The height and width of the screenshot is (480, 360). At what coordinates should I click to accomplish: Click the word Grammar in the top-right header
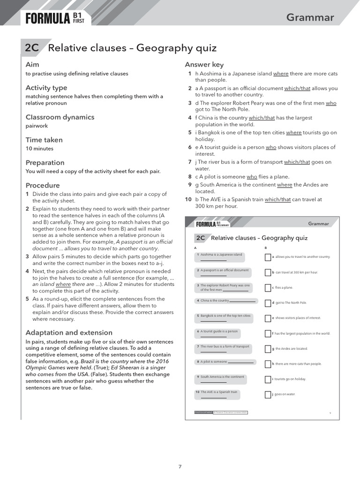pyautogui.click(x=310, y=17)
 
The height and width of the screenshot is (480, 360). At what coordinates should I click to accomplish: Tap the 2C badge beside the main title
pyautogui.click(x=32, y=48)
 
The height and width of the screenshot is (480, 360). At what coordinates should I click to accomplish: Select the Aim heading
pyautogui.click(x=32, y=64)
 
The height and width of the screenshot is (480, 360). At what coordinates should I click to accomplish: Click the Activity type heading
pyautogui.click(x=46, y=88)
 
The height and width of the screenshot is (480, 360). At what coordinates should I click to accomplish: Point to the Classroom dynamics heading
pyautogui.click(x=60, y=117)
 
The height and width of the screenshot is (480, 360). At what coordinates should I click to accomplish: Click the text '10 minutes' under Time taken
pyautogui.click(x=39, y=149)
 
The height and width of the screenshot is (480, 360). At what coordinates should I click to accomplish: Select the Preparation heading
pyautogui.click(x=45, y=163)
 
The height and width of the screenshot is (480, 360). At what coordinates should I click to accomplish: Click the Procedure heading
pyautogui.click(x=43, y=185)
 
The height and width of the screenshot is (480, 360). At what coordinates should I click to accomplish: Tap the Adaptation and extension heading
pyautogui.click(x=69, y=332)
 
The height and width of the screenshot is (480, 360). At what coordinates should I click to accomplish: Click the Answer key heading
pyautogui.click(x=204, y=65)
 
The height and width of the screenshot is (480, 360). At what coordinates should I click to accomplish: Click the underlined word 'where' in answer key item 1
pyautogui.click(x=281, y=74)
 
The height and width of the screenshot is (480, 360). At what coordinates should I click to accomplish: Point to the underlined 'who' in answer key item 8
pyautogui.click(x=252, y=177)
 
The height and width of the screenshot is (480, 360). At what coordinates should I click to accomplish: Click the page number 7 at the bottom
pyautogui.click(x=180, y=466)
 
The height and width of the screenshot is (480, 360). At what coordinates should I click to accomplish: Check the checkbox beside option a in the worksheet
pyautogui.click(x=268, y=257)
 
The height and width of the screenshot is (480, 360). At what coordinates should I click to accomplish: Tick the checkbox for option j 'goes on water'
pyautogui.click(x=268, y=395)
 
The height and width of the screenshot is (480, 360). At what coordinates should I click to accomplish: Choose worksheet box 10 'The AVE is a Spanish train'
pyautogui.click(x=217, y=394)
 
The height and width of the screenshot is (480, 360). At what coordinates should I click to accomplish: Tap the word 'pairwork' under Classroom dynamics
pyautogui.click(x=37, y=126)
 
